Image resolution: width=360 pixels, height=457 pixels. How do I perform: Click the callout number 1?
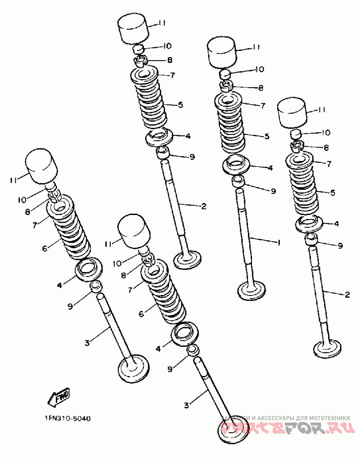coord(279,242)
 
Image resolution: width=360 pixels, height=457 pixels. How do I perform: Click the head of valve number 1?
coord(252,290)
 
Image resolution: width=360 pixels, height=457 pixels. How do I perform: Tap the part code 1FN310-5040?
coord(67,418)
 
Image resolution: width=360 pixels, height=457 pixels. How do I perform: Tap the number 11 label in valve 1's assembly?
coord(256,47)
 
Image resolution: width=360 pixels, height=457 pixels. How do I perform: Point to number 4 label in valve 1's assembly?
coord(270,168)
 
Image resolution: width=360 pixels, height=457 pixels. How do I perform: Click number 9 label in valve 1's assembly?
coord(273,191)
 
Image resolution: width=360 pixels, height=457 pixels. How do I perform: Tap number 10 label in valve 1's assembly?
coord(260,69)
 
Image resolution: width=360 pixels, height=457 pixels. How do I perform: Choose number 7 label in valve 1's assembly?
coord(263,105)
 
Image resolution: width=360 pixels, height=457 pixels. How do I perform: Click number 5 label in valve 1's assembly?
coord(266,136)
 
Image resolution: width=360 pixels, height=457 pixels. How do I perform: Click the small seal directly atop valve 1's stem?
coord(238,181)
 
